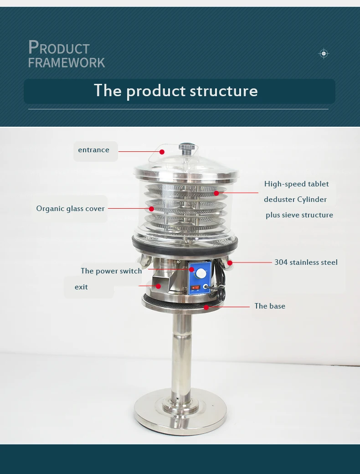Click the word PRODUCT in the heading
pos(59,47)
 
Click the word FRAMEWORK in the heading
pos(67,62)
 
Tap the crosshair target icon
pos(324,54)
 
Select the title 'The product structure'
pos(175,91)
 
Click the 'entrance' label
pos(93,150)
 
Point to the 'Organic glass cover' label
pos(71,209)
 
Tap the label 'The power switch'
pos(111,271)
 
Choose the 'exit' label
pos(81,287)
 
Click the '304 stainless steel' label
pos(306,262)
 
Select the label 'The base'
pos(270,306)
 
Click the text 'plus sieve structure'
pos(299,215)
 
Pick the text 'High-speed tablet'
pos(296,184)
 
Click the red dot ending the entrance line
pos(162,152)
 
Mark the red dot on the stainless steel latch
pos(230,263)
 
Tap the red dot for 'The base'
pos(206,307)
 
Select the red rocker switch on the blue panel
pos(195,288)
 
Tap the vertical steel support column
pos(181,355)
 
